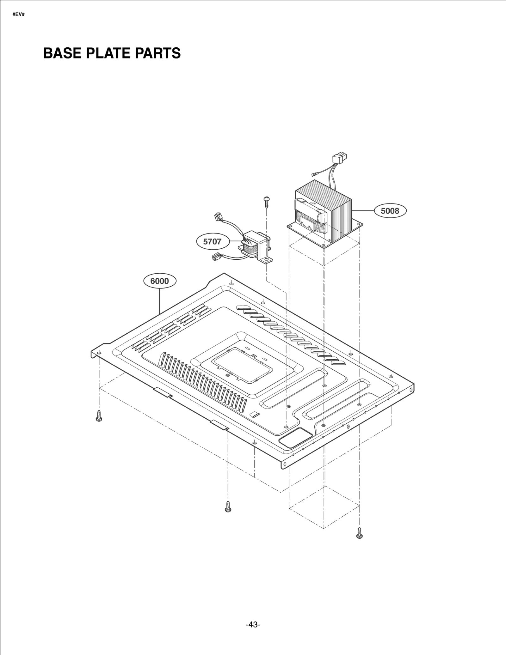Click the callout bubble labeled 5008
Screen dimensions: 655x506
390,211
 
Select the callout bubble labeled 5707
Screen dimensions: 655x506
212,242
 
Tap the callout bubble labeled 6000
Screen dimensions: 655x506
159,281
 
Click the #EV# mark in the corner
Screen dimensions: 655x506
18,15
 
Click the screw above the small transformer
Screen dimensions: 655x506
267,201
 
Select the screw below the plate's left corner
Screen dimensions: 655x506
99,416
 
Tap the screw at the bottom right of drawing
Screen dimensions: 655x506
359,533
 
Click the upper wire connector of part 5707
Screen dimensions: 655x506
218,217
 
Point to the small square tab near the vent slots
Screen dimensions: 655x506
254,414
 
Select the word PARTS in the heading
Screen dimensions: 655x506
158,53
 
